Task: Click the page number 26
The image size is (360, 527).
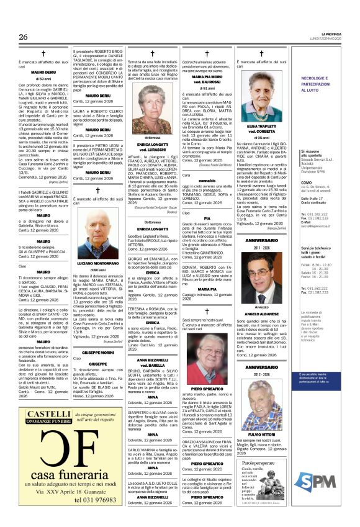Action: pyautogui.click(x=23, y=37)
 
